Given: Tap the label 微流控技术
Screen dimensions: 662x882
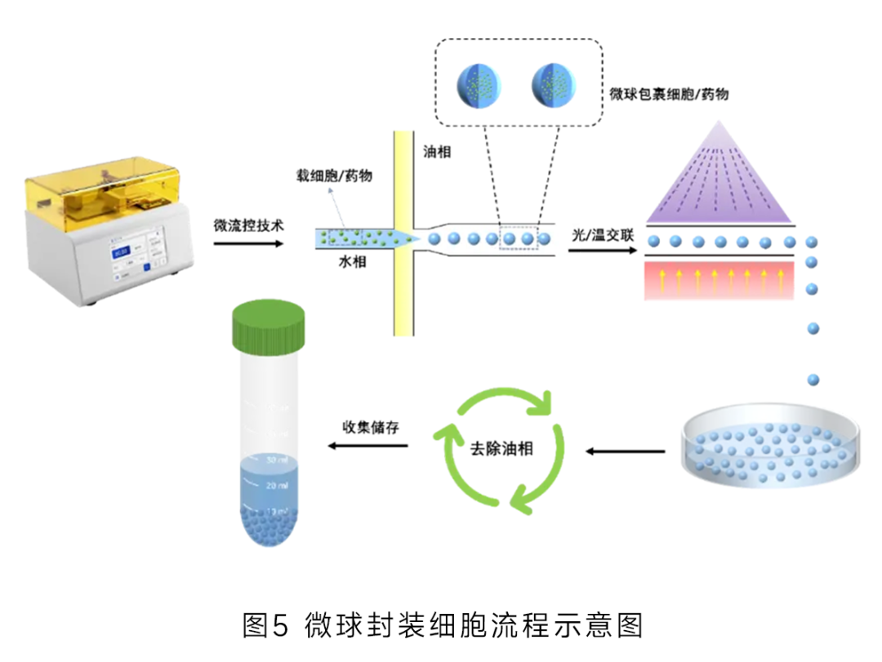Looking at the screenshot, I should click(x=248, y=224).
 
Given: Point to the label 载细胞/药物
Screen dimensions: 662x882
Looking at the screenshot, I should click(x=335, y=175).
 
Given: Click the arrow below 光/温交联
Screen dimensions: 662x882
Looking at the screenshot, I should click(x=601, y=250).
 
